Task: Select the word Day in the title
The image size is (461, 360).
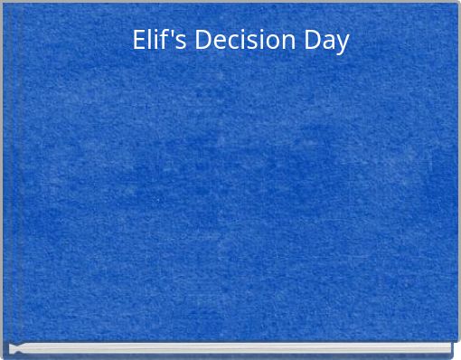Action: point(327,42)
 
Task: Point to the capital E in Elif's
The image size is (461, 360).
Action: point(139,41)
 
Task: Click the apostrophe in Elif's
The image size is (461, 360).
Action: point(174,33)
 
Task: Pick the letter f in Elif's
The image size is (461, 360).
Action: point(166,40)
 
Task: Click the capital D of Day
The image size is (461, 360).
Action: point(314,41)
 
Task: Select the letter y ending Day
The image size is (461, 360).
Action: point(343,44)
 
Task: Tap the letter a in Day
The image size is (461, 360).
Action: point(330,43)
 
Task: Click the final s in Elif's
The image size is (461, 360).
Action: point(182,43)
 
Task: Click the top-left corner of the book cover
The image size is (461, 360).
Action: point(4,4)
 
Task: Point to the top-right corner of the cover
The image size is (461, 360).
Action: point(456,4)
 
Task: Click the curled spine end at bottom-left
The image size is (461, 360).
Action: point(13,348)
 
